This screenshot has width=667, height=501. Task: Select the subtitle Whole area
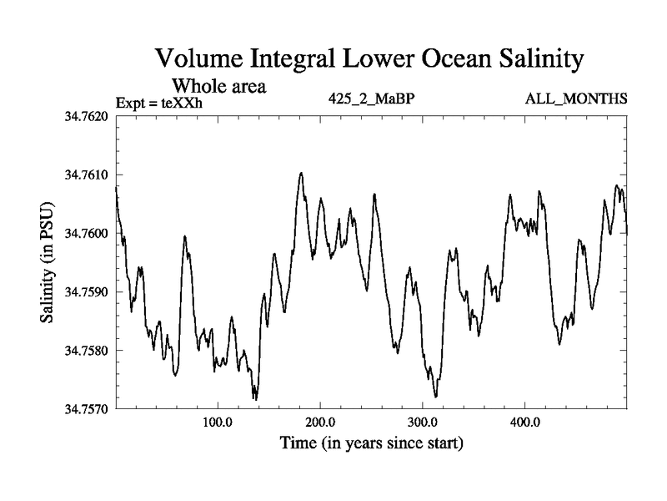pyautogui.click(x=218, y=85)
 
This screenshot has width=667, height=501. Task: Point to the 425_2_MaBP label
pyautogui.click(x=373, y=99)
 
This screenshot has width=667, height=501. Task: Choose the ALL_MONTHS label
pyautogui.click(x=576, y=99)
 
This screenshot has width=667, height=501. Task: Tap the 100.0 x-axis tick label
pyautogui.click(x=218, y=423)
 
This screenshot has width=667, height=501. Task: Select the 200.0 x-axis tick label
pyautogui.click(x=320, y=423)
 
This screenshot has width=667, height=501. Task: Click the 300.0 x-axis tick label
pyautogui.click(x=423, y=423)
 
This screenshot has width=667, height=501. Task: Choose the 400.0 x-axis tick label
pyautogui.click(x=525, y=423)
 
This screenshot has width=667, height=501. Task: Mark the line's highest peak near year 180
pyautogui.click(x=301, y=173)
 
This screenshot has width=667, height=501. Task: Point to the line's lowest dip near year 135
pyautogui.click(x=255, y=399)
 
